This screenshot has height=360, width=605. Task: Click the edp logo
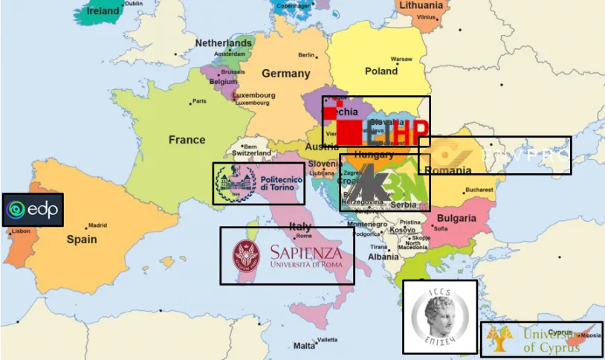coord(33,210)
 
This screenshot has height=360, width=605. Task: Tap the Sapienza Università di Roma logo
coord(287,255)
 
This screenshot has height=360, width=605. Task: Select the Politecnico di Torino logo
coord(259,184)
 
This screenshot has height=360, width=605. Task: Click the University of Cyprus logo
coord(541,340)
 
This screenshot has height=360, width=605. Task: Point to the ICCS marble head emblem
coord(439,316)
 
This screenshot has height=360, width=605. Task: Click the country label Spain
coord(82,240)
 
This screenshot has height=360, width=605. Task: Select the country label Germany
coord(285,74)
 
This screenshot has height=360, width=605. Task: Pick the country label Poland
coord(381,71)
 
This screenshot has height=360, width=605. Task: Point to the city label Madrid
coord(97,225)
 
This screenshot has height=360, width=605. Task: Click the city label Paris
coord(198,101)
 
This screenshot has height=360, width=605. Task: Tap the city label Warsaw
coord(401,59)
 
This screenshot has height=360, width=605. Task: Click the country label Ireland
coord(103,11)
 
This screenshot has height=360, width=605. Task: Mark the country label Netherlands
coord(223,43)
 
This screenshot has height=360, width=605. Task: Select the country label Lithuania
coord(421,5)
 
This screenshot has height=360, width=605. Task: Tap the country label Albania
coord(384,257)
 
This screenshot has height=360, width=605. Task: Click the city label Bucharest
coord(476,190)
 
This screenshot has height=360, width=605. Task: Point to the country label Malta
coord(304,346)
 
